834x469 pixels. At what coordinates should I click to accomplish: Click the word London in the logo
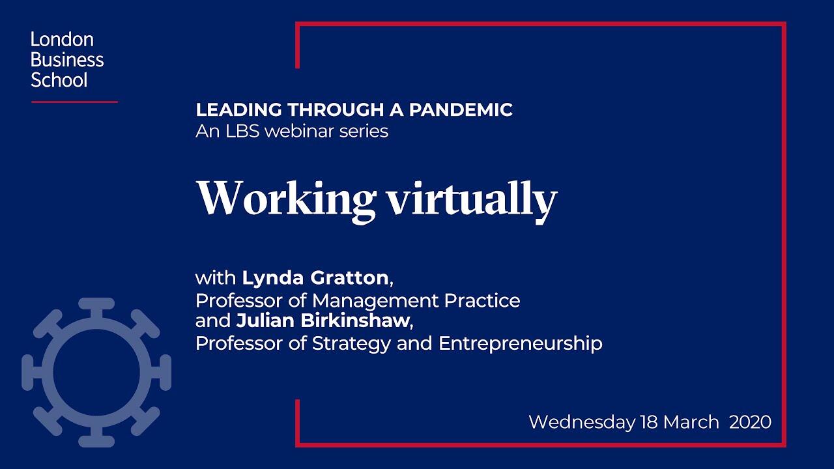[x=62, y=40]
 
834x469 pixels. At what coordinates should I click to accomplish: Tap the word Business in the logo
[x=67, y=59]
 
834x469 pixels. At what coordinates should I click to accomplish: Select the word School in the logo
[x=59, y=80]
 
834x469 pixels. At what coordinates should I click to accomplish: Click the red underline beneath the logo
[x=74, y=102]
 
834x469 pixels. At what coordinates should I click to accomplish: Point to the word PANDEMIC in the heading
[x=461, y=110]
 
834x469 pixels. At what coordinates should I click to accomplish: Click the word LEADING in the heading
[x=238, y=110]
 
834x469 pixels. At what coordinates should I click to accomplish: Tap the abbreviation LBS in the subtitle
[x=242, y=132]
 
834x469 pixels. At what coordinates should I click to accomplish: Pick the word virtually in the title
[x=472, y=201]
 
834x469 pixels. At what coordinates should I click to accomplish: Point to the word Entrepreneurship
[x=521, y=344]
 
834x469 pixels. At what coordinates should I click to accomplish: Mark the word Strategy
[x=351, y=344]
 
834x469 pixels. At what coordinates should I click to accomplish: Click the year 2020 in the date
[x=750, y=423]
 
